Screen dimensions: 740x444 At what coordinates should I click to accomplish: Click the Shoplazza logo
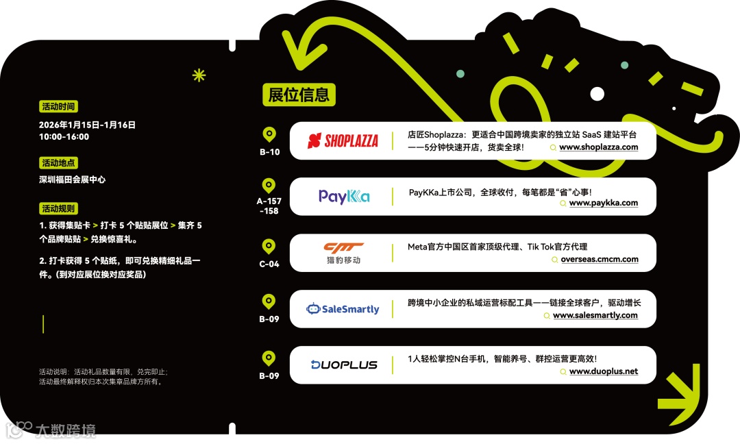343,141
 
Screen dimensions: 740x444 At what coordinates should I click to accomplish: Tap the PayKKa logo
344,197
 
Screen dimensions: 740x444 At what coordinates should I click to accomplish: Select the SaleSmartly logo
343,309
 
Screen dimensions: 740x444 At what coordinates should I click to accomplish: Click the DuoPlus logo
344,365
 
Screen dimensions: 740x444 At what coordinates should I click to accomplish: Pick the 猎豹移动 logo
343,253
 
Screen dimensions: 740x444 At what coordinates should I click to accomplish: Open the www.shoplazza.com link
598,147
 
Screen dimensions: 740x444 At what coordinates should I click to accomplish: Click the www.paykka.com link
603,203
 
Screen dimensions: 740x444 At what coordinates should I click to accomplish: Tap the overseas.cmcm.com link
599,260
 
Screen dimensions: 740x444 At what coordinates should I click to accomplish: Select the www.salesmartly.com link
595,316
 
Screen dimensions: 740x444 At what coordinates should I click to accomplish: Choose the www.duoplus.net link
603,371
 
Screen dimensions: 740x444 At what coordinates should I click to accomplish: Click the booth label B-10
269,152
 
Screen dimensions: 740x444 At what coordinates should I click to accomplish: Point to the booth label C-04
269,264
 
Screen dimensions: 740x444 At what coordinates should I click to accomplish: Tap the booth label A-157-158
269,206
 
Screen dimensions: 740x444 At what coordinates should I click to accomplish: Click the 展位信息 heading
299,95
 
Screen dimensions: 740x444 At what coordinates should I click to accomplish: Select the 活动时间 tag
58,106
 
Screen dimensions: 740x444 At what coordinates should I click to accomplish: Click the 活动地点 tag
58,163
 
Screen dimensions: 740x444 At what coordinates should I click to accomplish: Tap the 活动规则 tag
58,208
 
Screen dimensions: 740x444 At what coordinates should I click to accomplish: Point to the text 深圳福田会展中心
73,180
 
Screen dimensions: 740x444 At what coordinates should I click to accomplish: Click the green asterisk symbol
199,75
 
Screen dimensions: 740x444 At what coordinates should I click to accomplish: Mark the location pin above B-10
269,134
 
